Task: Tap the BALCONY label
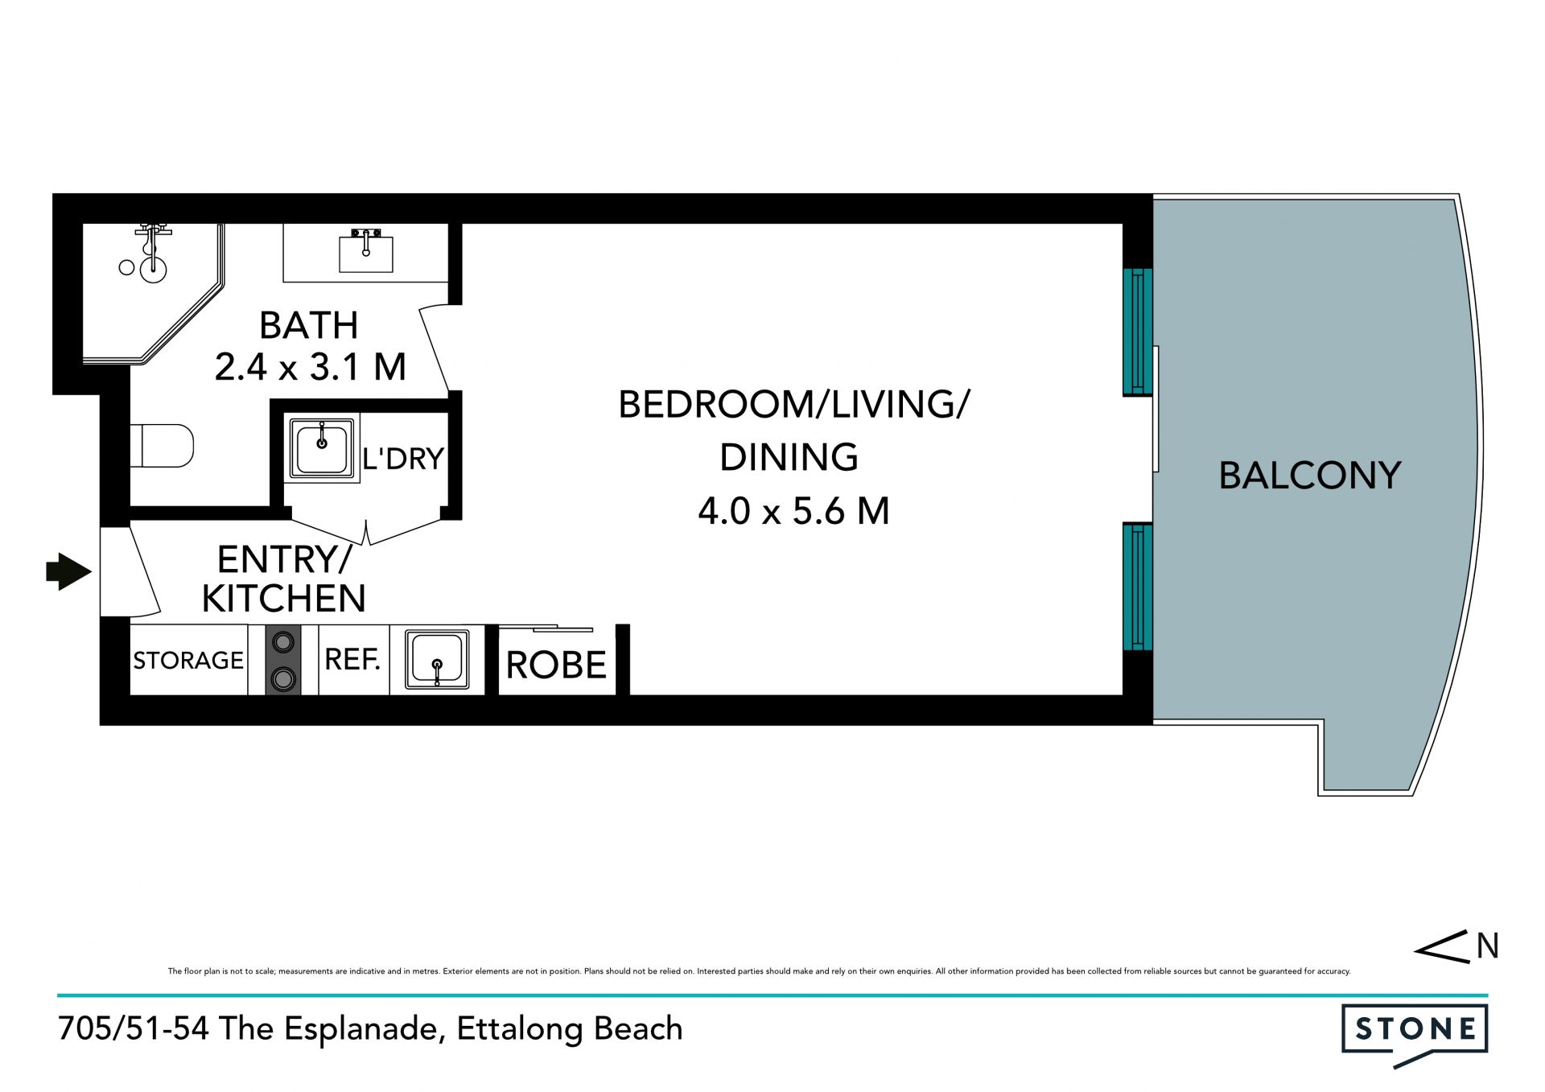pos(1310,476)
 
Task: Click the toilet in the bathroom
pos(162,446)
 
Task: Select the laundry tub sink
pos(322,449)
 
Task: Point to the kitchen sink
pos(437,660)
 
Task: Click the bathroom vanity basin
pos(366,250)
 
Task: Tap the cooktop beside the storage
pos(283,660)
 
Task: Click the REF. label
pos(352,660)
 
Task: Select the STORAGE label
pos(188,661)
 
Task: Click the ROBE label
pos(556,666)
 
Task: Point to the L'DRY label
pos(403,459)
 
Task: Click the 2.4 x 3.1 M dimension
pos(310,367)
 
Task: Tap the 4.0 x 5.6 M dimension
pos(793,511)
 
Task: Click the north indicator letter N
pos(1487,946)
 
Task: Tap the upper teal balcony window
pos(1138,332)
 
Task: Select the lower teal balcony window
pos(1138,587)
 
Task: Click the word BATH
pos(309,326)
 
